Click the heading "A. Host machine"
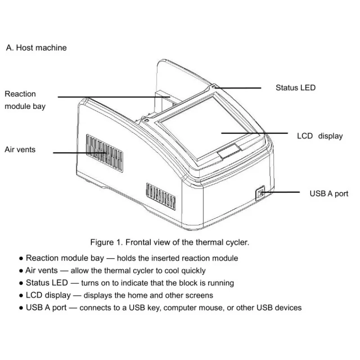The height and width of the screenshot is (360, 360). point(36,48)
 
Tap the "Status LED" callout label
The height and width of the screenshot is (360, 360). point(296,88)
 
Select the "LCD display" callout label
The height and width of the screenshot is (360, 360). point(319,136)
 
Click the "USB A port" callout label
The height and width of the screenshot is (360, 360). point(328,194)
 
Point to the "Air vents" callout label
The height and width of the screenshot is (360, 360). point(20,149)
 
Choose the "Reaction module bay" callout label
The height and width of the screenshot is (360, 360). point(25,100)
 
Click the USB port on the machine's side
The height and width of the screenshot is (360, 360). point(260,194)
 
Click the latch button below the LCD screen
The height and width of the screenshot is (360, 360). point(229,151)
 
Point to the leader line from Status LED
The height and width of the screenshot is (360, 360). point(238,88)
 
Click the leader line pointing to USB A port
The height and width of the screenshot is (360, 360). point(281,192)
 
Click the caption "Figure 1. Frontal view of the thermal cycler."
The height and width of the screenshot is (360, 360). point(170,242)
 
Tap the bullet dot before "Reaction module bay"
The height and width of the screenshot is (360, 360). point(21,259)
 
